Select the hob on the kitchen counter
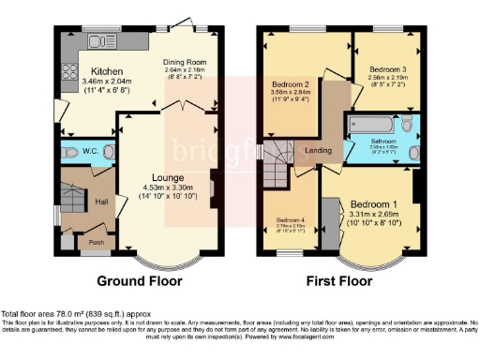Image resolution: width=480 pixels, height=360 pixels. tap(68, 71)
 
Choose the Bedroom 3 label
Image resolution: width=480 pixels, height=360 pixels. tap(387, 69)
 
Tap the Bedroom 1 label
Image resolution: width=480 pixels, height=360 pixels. tap(373, 203)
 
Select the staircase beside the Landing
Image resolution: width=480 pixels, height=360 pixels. tap(278, 167)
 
